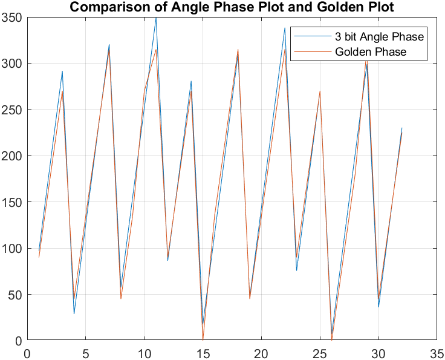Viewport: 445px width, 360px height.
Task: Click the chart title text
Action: tap(232, 8)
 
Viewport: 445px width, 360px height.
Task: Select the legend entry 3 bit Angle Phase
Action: tap(379, 36)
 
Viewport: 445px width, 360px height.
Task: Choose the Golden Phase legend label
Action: tap(370, 52)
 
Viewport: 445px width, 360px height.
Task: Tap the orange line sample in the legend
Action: tap(313, 52)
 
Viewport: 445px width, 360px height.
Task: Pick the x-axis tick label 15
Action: tap(203, 351)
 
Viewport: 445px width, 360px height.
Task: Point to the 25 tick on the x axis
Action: tap(319, 351)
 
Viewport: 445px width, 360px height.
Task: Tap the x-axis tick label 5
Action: tap(85, 351)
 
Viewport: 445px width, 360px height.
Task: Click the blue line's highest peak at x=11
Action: tap(156, 18)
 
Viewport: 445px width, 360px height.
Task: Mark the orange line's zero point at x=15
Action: tap(203, 340)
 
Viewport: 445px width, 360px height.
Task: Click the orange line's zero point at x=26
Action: tap(332, 340)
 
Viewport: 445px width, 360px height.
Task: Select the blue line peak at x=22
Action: tap(285, 28)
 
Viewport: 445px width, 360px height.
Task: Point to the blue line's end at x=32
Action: tap(402, 128)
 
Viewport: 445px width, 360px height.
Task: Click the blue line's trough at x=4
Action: tap(74, 313)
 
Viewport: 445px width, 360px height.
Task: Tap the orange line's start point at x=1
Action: tap(39, 257)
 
